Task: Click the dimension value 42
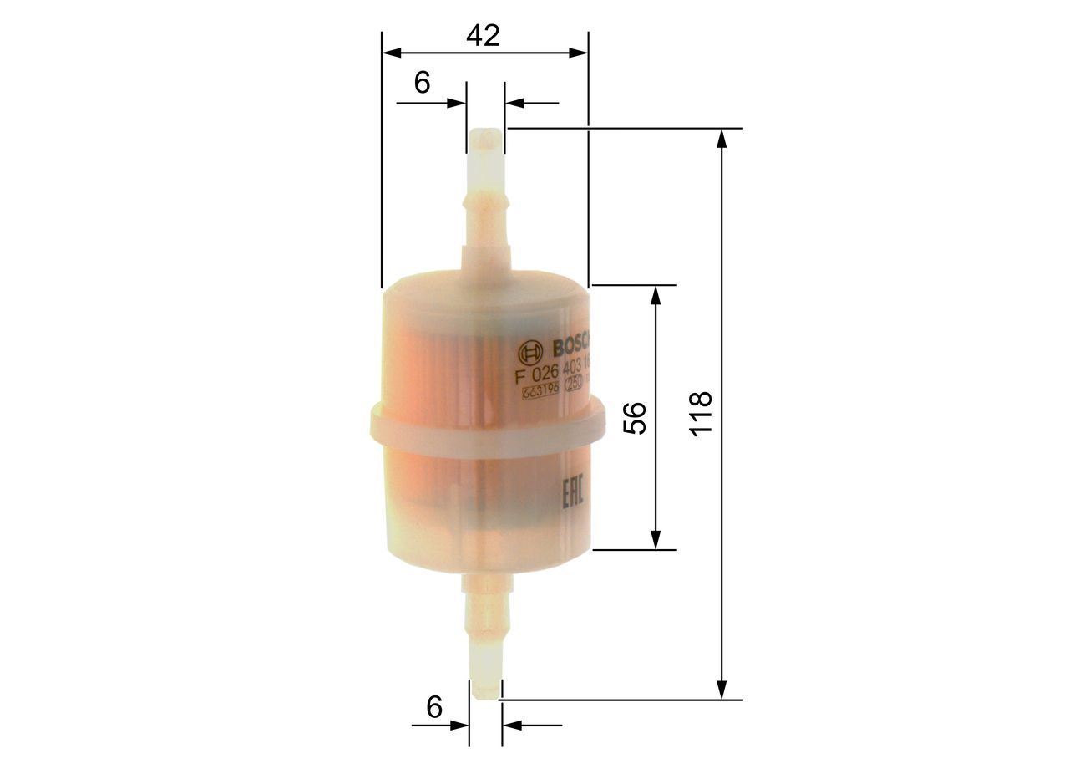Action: (x=483, y=36)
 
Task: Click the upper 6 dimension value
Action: (x=422, y=82)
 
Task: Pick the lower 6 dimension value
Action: (x=433, y=707)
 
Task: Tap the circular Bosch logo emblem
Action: (x=529, y=350)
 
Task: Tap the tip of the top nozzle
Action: (x=484, y=134)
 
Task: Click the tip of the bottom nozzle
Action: (x=484, y=692)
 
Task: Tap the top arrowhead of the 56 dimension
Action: (x=656, y=293)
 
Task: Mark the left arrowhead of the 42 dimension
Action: (x=390, y=53)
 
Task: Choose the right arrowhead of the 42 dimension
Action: (x=580, y=53)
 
